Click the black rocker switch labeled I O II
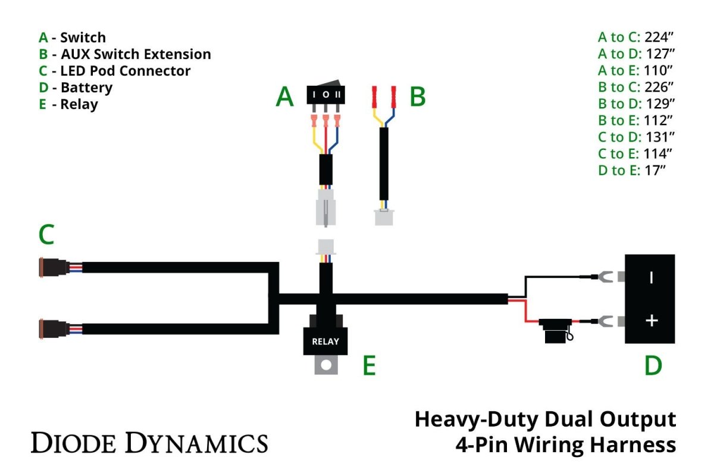(x=325, y=95)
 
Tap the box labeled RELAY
(x=325, y=341)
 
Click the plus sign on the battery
(x=652, y=321)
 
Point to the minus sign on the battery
(x=652, y=277)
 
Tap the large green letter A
(x=285, y=96)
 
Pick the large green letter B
(x=418, y=96)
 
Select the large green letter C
(x=46, y=235)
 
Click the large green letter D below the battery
(x=653, y=366)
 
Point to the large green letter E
(x=369, y=367)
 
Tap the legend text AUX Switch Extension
(x=136, y=54)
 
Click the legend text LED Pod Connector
(x=126, y=71)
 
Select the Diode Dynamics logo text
(x=149, y=443)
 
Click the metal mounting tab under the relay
(x=325, y=364)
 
